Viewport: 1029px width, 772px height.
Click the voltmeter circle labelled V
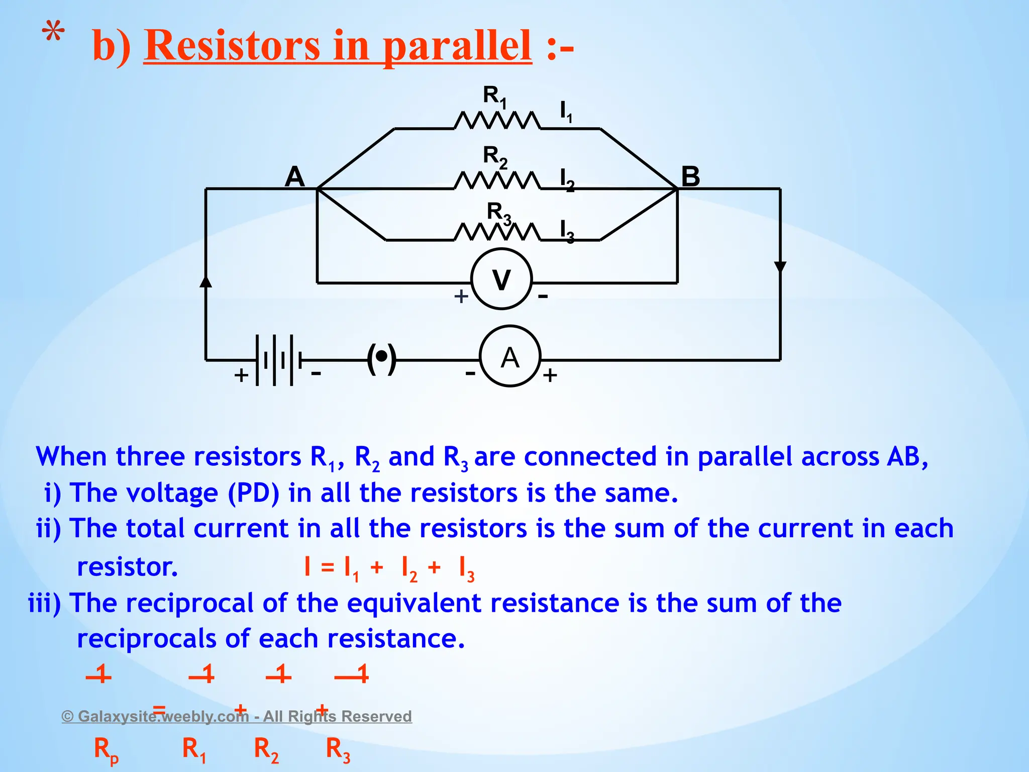click(x=501, y=279)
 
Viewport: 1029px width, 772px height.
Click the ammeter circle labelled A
click(x=509, y=356)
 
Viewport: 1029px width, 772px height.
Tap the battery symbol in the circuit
click(x=278, y=360)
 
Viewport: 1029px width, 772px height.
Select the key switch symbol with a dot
click(x=382, y=358)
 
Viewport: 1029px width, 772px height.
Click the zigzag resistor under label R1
click(x=497, y=121)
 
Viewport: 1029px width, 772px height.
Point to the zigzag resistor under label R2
click(x=497, y=181)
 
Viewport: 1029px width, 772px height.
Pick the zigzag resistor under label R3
click(x=497, y=232)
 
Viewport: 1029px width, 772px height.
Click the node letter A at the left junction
click(x=294, y=176)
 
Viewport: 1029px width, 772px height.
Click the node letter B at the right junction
click(x=690, y=176)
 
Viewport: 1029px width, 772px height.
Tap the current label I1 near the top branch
click(x=566, y=112)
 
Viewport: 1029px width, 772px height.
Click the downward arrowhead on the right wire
click(x=780, y=267)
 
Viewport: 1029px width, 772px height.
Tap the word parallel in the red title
click(x=457, y=46)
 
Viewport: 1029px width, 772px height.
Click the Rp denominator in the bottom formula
click(x=106, y=750)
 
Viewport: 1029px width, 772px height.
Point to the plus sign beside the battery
click(x=241, y=375)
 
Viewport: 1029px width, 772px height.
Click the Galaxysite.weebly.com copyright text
click(x=236, y=716)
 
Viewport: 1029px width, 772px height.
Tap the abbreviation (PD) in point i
click(x=253, y=493)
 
